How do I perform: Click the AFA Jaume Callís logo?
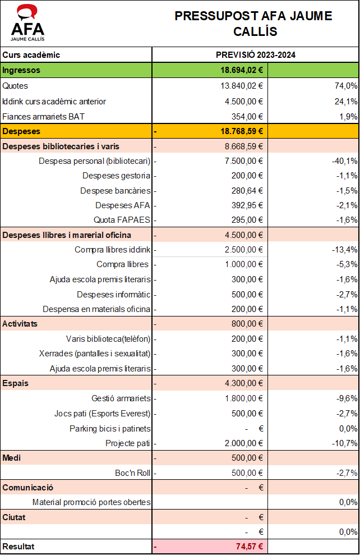pos(28,23)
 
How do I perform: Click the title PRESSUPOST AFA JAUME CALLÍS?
pos(253,24)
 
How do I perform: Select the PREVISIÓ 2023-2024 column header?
pos(256,55)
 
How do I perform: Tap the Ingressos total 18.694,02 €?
pos(242,71)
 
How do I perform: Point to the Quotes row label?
pos(15,86)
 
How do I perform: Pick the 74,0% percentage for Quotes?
pos(345,86)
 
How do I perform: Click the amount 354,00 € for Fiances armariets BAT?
pos(247,117)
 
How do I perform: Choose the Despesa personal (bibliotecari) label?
pos(94,161)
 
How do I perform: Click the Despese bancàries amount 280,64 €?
pos(247,190)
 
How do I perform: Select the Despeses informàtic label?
pos(113,294)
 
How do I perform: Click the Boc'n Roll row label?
pos(132,473)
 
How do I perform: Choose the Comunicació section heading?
pos(28,488)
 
